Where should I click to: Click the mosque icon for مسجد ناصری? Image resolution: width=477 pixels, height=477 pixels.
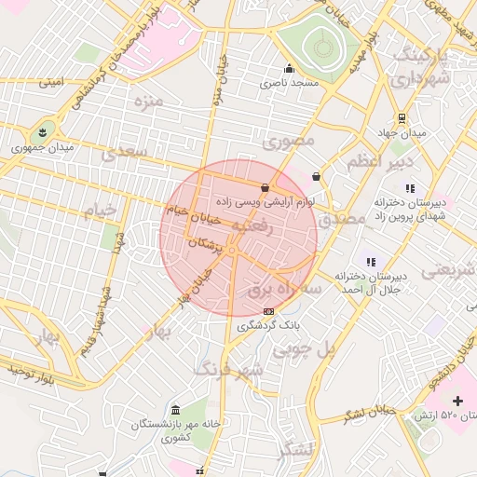289,67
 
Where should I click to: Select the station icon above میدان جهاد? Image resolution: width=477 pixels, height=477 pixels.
402,118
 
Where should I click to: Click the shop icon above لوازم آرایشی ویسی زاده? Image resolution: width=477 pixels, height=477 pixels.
266,187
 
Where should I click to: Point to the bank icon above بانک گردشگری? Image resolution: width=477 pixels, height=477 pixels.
268,311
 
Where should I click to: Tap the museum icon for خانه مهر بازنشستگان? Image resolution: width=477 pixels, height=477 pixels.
177,410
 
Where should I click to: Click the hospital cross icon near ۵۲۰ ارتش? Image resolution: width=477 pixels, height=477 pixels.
457,400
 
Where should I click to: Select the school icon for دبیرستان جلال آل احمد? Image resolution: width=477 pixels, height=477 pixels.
371,262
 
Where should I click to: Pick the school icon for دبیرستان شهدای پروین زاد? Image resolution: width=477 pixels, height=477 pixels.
409,188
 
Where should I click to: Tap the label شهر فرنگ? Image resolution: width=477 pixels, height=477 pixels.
228,368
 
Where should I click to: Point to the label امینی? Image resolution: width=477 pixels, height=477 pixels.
51,82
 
